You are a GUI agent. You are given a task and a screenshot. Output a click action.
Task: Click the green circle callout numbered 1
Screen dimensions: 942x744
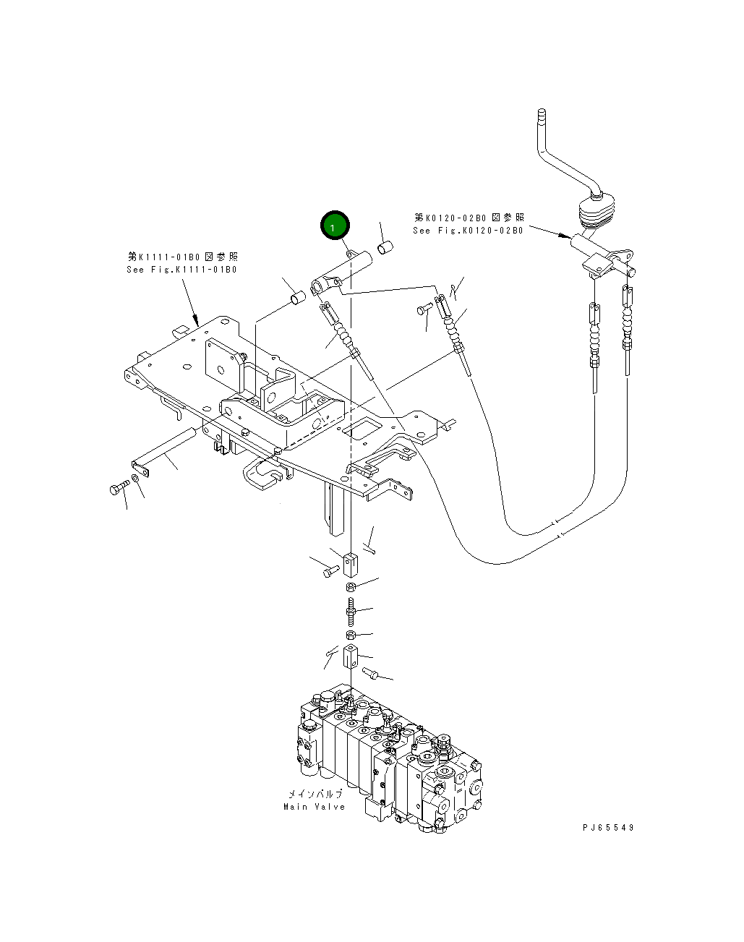[333, 227]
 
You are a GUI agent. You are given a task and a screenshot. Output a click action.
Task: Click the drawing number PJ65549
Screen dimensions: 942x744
[607, 828]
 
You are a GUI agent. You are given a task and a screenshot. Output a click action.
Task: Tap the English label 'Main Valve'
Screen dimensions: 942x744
[314, 807]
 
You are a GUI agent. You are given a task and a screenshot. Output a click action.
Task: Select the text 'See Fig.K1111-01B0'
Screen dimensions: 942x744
[181, 270]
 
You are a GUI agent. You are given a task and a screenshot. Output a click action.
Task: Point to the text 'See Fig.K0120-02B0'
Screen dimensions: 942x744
[468, 231]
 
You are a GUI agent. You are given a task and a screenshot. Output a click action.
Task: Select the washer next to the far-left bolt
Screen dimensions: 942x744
[136, 481]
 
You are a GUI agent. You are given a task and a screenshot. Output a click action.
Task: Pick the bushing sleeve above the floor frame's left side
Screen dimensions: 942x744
[296, 297]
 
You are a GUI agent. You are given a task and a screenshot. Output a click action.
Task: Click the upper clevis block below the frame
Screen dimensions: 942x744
[350, 560]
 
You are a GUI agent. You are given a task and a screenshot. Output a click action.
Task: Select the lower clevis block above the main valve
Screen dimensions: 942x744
[350, 658]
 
